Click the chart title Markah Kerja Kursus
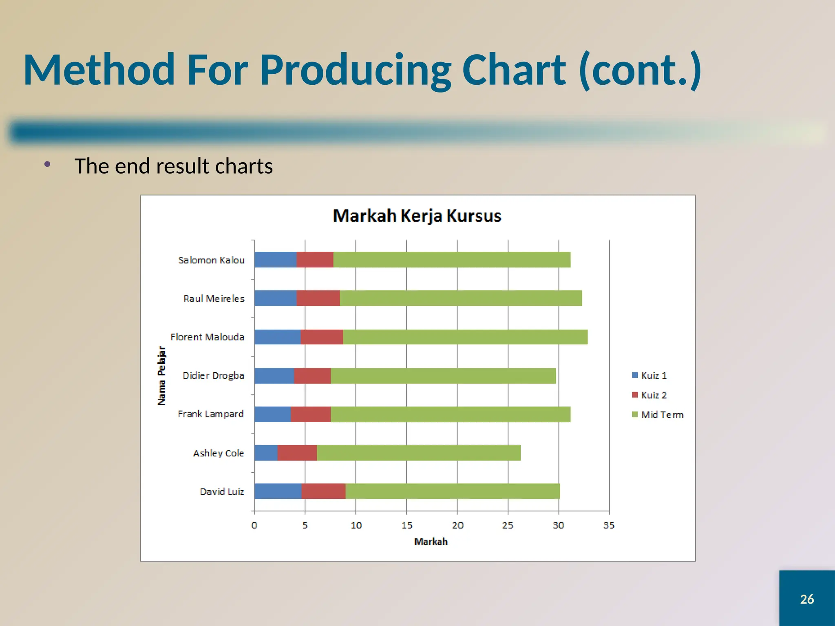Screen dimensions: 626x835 [417, 216]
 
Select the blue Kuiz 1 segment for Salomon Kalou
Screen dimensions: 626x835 [275, 260]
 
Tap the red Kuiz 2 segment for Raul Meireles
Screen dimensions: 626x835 [318, 298]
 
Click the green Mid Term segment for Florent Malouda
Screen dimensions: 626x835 [465, 337]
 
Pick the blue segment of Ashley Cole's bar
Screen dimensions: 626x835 [266, 453]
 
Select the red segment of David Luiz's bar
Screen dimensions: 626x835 [323, 491]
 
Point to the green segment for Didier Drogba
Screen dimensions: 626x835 [443, 375]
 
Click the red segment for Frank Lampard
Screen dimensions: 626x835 [311, 414]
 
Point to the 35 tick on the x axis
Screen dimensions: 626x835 [609, 525]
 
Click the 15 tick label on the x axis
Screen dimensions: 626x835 [406, 525]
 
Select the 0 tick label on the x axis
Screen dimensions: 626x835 [254, 525]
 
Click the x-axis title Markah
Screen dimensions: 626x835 [431, 542]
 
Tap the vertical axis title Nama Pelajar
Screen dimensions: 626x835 [162, 375]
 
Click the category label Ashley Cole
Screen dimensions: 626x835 [218, 453]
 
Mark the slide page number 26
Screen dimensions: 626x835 [807, 599]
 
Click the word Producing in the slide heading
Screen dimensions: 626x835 [355, 70]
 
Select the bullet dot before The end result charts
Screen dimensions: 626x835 [47, 164]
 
